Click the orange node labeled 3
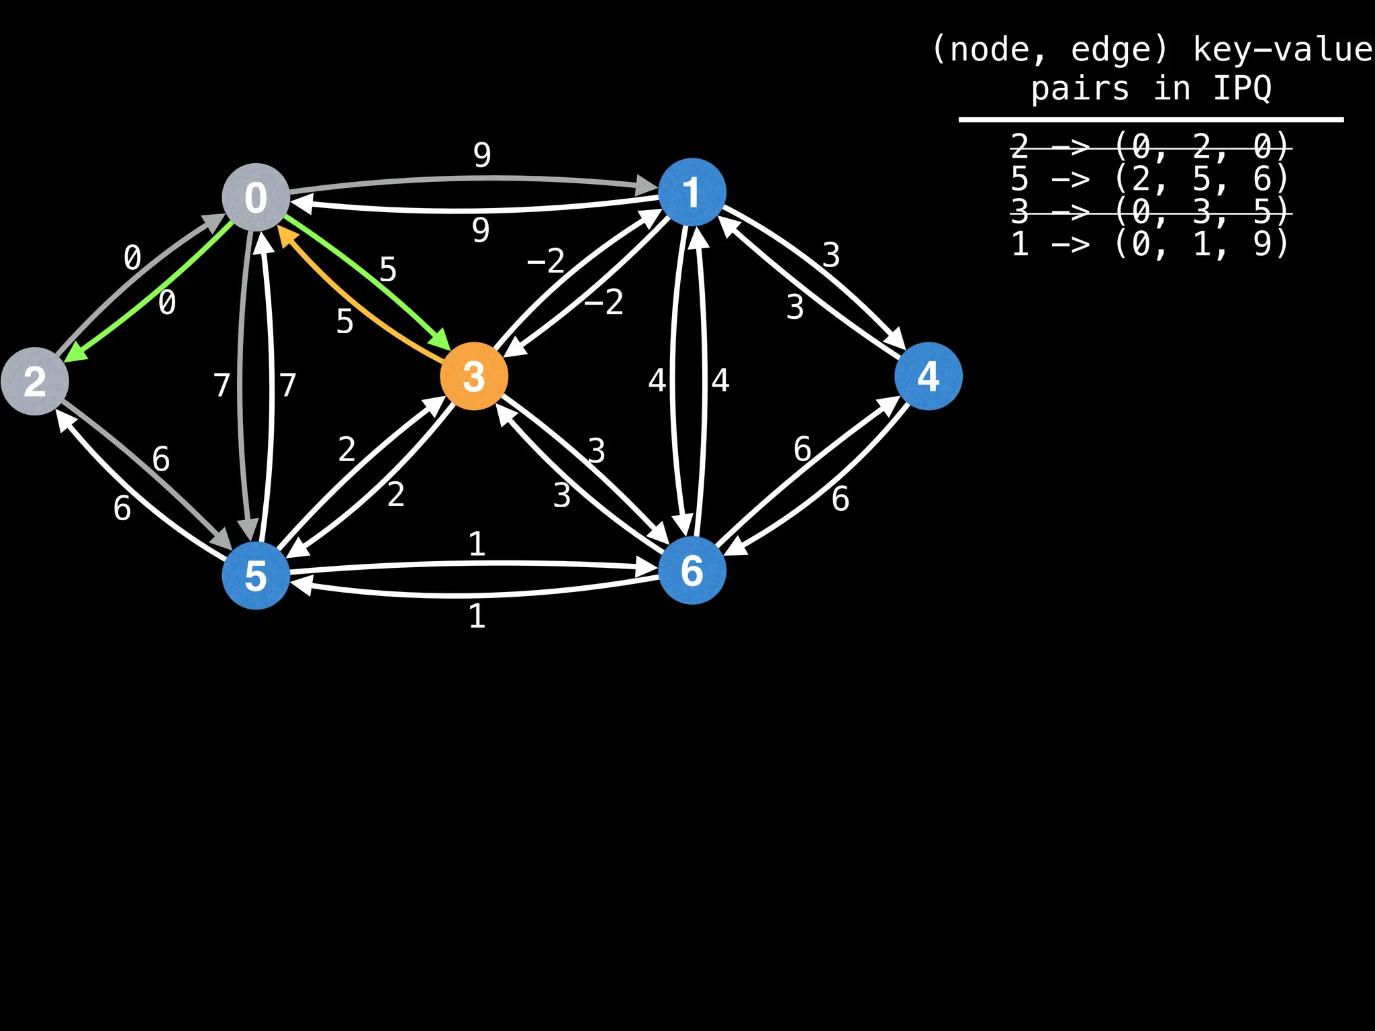pyautogui.click(x=474, y=376)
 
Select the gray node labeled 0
pyautogui.click(x=256, y=197)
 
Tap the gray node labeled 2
pyautogui.click(x=35, y=381)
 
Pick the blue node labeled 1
pyautogui.click(x=692, y=192)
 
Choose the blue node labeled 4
pyautogui.click(x=929, y=376)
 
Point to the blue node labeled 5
pyautogui.click(x=256, y=576)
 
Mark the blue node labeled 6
pyautogui.click(x=692, y=571)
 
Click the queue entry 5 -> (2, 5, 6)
pyautogui.click(x=1149, y=179)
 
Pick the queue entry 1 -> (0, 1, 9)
pyautogui.click(x=1149, y=243)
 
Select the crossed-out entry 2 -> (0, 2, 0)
pyautogui.click(x=1149, y=146)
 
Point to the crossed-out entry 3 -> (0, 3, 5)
pyautogui.click(x=1149, y=212)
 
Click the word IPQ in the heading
pyautogui.click(x=1242, y=89)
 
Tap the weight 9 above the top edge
pyautogui.click(x=482, y=155)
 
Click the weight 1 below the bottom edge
pyautogui.click(x=477, y=616)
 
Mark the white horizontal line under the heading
pyautogui.click(x=1151, y=119)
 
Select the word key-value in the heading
pyautogui.click(x=1282, y=50)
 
